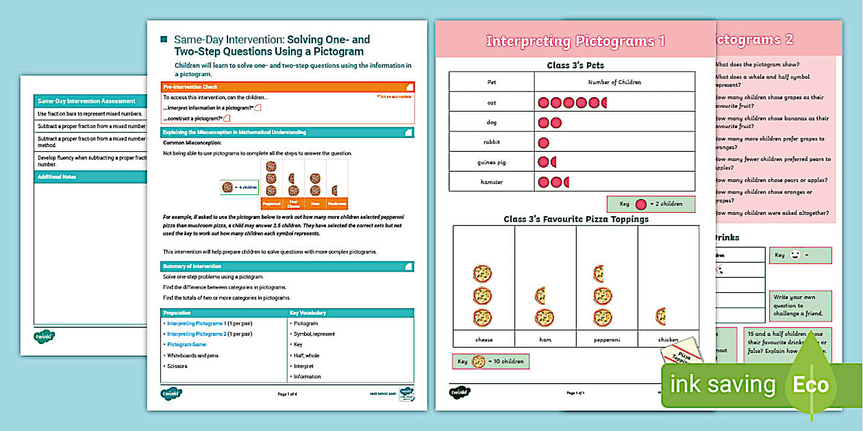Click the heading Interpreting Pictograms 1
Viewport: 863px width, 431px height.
coord(575,41)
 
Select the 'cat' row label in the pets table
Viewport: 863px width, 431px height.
coord(491,103)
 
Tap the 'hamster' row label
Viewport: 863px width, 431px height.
coord(491,182)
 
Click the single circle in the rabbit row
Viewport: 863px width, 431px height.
coord(544,143)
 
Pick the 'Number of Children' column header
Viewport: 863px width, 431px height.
coord(614,82)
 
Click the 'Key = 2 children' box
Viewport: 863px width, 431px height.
coord(650,204)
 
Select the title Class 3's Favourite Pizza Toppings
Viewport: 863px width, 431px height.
coord(575,220)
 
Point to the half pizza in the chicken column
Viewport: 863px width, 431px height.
coord(661,316)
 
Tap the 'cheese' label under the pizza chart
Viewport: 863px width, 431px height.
coord(484,339)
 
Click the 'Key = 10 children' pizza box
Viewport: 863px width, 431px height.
coord(490,361)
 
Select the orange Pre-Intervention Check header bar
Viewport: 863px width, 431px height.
coord(287,87)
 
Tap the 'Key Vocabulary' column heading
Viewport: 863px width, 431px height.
coord(308,313)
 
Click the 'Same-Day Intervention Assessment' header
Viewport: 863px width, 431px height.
coord(86,101)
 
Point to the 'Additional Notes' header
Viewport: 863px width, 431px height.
coord(58,177)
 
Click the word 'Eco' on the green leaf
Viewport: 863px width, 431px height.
coord(810,384)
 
